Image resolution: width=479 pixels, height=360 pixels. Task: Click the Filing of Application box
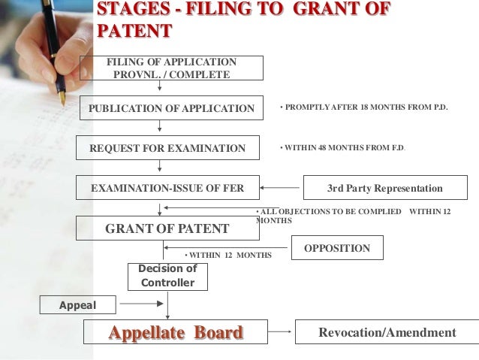click(x=173, y=68)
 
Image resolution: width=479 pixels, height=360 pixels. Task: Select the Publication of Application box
click(x=172, y=108)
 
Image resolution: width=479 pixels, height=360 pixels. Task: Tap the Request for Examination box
click(x=167, y=148)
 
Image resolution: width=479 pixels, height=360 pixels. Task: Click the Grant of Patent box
click(x=167, y=228)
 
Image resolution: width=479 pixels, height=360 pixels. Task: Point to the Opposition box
click(x=336, y=247)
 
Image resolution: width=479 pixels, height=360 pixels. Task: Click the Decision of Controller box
click(x=167, y=276)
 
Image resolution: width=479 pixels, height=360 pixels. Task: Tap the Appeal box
click(x=78, y=305)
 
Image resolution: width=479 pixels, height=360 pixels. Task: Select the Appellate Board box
click(x=177, y=333)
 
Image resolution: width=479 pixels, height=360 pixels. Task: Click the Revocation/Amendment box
click(x=387, y=332)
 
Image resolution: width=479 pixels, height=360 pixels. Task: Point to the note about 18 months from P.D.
click(x=363, y=107)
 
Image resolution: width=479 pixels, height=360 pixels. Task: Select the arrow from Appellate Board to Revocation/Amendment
click(x=281, y=332)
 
